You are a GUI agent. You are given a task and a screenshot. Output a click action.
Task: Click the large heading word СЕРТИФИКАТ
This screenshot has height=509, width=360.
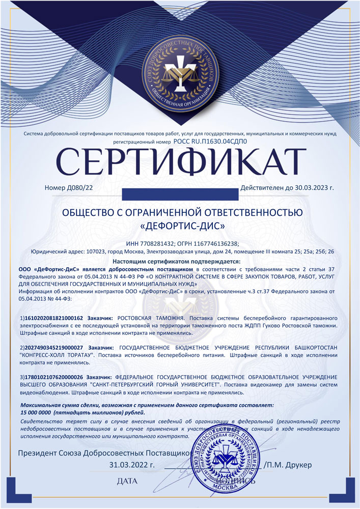click(x=180, y=162)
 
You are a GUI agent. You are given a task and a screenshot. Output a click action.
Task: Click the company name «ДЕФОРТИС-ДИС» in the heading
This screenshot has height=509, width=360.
click(x=181, y=225)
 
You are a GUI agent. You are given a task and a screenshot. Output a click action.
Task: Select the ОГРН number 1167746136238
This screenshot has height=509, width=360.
click(x=216, y=243)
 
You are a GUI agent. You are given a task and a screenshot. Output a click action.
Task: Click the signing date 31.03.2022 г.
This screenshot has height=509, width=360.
click(x=131, y=465)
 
